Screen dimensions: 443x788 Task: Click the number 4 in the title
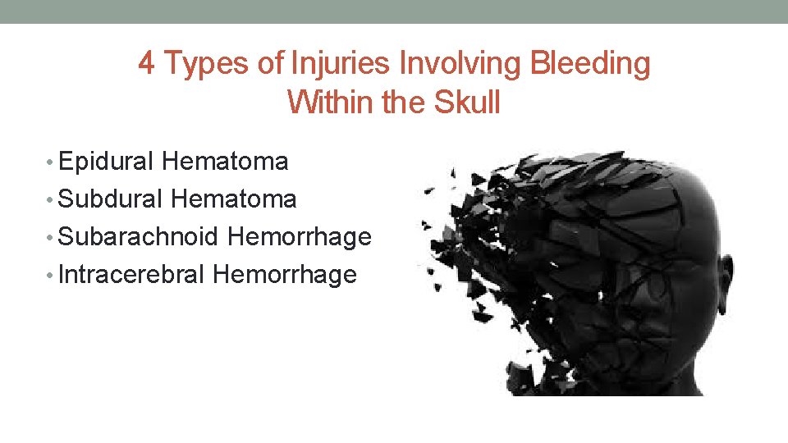click(147, 63)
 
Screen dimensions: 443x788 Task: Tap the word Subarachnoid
click(139, 237)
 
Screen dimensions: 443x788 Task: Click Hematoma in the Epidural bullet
click(225, 162)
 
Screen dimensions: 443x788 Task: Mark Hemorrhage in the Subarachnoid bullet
click(299, 237)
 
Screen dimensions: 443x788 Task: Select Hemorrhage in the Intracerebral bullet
click(284, 274)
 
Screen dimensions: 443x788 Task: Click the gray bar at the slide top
click(394, 11)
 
